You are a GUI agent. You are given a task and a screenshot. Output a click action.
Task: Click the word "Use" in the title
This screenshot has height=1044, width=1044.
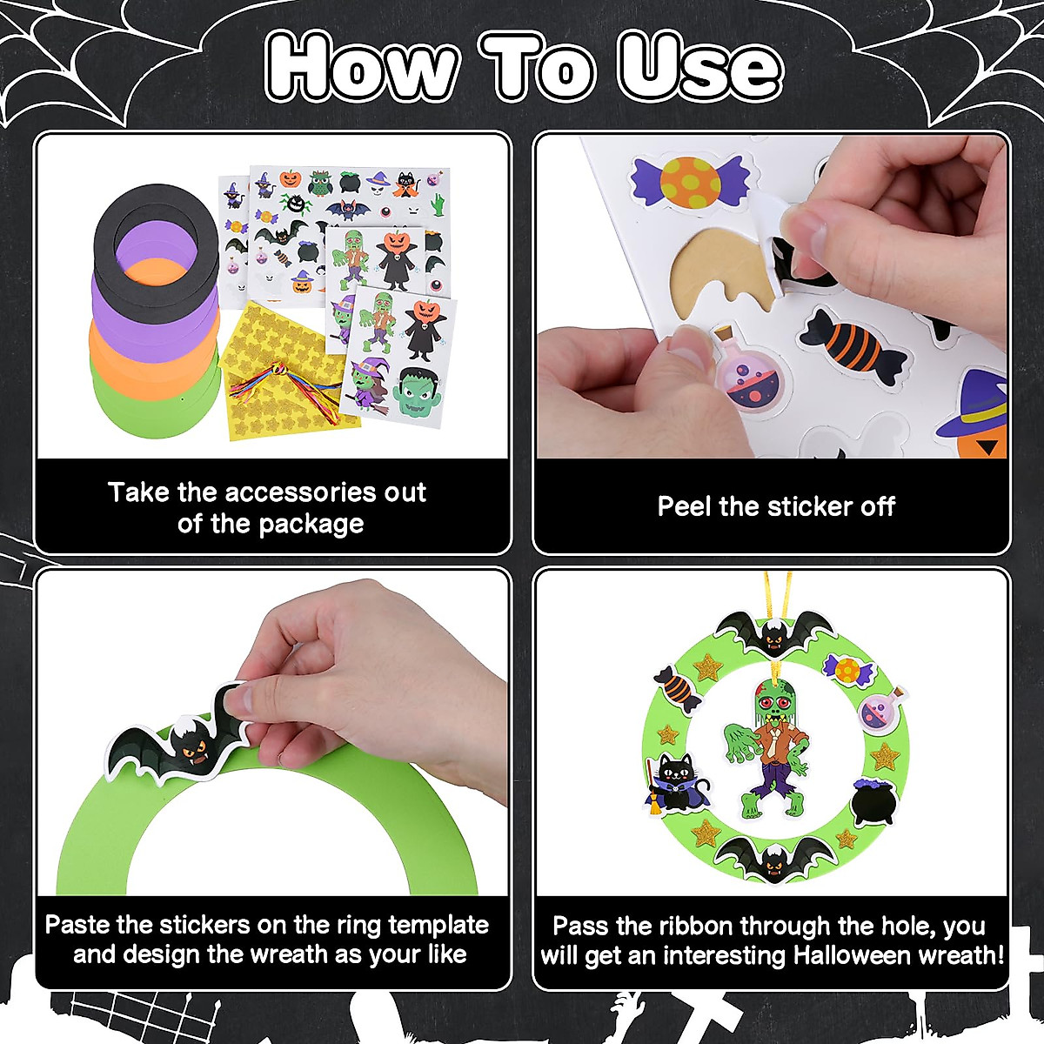[699, 68]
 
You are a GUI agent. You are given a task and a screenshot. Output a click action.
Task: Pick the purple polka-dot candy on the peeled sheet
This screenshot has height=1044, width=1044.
[690, 181]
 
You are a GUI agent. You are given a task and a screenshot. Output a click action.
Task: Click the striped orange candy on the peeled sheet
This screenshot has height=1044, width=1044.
[853, 345]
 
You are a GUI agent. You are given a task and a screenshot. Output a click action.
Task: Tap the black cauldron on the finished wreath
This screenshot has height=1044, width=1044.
[873, 801]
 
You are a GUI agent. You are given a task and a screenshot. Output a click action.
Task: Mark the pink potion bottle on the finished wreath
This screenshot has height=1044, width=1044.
[882, 707]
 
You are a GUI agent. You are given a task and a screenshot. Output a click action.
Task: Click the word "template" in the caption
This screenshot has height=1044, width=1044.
[438, 925]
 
